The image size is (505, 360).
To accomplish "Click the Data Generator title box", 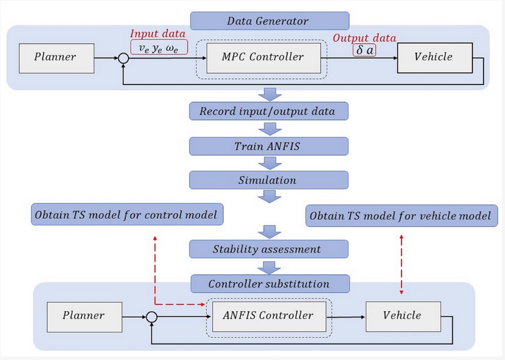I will point(268,21).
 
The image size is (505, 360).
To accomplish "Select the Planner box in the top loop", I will point(56,57).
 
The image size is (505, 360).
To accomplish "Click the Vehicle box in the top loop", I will point(433,57).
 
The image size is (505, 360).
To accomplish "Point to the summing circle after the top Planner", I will point(123,59).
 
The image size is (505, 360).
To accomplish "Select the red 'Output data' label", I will point(364,37).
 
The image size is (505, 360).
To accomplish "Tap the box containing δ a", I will point(365,50).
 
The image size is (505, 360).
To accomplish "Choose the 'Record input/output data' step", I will point(268,111).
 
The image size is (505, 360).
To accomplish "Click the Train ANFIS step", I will point(268,146).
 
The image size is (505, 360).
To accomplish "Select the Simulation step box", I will point(268,180).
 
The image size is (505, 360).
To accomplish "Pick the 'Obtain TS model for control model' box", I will point(127,215).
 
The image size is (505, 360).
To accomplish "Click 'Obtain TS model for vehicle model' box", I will point(400,216).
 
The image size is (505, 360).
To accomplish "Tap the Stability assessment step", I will point(268,249).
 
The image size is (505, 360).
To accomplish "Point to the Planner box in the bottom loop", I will point(84,316).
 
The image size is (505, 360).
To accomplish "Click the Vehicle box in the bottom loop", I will point(402,316).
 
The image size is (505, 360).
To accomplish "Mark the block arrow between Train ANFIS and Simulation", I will point(268,163).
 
